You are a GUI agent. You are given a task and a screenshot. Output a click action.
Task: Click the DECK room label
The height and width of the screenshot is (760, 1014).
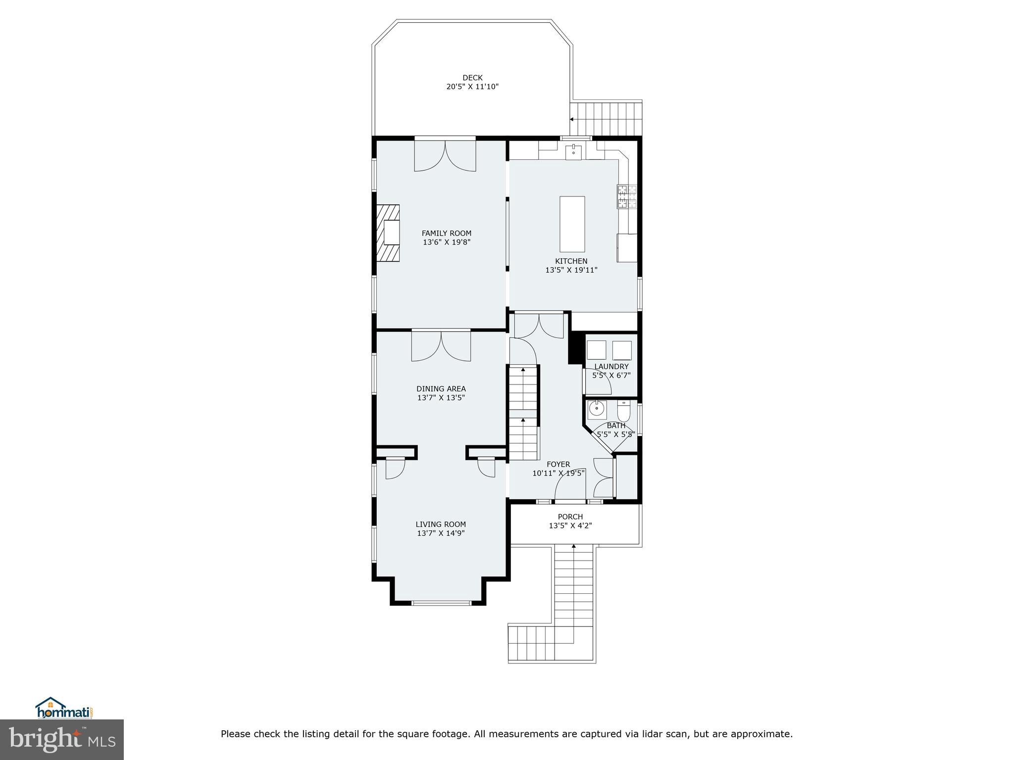click(x=472, y=78)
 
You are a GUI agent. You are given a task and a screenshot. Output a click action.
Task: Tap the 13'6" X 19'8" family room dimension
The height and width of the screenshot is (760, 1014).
click(x=446, y=242)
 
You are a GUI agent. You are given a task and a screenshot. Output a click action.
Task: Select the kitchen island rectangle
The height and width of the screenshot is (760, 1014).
click(x=572, y=224)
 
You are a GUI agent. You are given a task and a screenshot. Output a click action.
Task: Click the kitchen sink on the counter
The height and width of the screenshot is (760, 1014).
click(x=573, y=150)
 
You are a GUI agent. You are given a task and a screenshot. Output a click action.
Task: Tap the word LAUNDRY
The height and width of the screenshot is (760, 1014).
click(x=611, y=367)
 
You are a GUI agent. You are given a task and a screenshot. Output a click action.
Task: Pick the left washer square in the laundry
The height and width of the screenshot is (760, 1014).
click(x=596, y=350)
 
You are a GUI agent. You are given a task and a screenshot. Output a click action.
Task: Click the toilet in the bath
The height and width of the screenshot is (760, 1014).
click(x=623, y=410)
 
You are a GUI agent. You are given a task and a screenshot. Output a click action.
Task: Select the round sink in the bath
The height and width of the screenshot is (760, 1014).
click(x=597, y=410)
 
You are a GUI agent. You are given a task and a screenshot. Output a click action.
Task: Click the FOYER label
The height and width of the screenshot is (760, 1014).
click(x=558, y=464)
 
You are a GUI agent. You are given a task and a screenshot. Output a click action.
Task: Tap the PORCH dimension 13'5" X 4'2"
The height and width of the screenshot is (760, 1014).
click(x=570, y=525)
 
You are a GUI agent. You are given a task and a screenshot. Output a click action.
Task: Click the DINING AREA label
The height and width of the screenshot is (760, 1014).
click(x=441, y=389)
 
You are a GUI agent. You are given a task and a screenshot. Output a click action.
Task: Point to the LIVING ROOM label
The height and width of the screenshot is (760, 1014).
click(x=441, y=524)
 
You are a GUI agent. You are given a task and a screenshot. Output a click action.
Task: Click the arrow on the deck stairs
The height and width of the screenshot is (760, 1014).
click(x=572, y=119)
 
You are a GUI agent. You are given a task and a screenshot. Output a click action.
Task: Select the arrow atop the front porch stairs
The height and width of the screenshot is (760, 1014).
click(x=574, y=547)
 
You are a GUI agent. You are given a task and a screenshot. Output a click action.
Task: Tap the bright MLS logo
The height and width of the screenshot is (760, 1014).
click(x=62, y=740)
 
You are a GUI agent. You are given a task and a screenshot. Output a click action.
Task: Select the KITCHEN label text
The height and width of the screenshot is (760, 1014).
click(x=571, y=261)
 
